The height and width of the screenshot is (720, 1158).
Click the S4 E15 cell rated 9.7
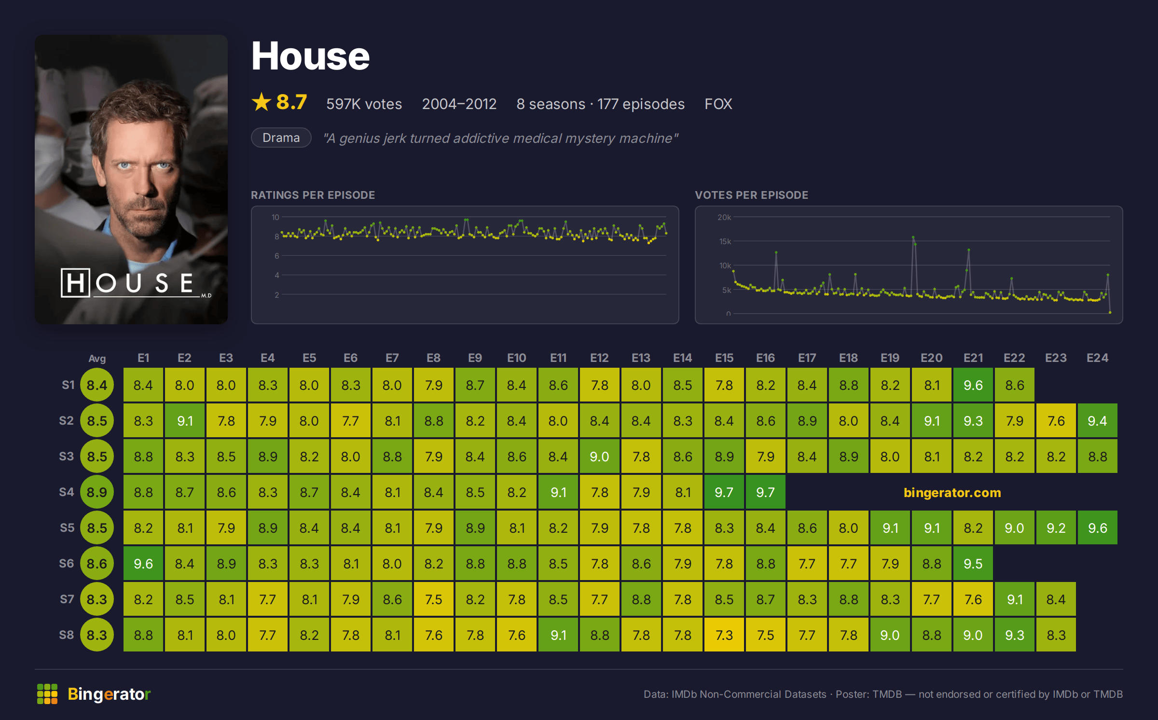pos(724,492)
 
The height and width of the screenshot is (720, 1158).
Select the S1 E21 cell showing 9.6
pos(973,385)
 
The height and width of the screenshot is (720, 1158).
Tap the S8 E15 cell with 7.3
pos(724,635)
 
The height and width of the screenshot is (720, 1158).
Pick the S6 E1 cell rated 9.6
pos(143,563)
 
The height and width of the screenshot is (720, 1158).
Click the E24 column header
pos(1097,358)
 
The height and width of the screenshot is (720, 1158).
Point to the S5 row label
pos(67,527)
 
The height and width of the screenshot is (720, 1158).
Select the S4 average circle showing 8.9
pos(97,492)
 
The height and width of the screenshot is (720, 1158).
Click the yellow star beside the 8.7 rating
pos(262,102)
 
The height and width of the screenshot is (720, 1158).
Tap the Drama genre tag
pos(281,138)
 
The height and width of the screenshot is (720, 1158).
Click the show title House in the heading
pos(310,56)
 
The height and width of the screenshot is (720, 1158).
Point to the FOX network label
pos(718,104)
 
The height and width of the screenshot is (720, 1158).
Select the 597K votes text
pos(364,104)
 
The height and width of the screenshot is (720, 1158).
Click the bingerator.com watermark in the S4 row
pos(952,492)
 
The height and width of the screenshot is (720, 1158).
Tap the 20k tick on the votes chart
pos(724,217)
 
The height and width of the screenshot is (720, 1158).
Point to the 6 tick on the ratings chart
pos(277,256)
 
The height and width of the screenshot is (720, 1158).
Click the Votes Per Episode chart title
pos(751,195)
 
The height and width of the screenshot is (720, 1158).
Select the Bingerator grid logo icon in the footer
pos(47,694)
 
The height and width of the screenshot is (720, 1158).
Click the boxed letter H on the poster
pos(76,283)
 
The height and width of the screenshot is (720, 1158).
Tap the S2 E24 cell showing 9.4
pos(1097,420)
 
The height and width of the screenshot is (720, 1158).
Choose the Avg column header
pos(97,358)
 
